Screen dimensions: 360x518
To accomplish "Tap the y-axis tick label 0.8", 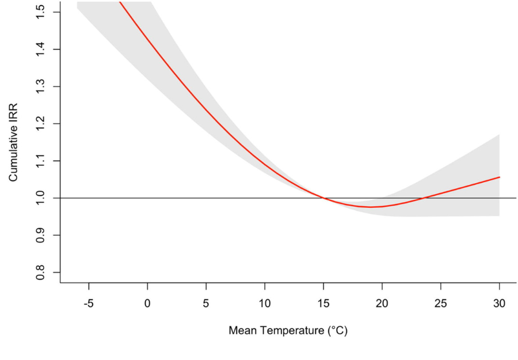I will pyautogui.click(x=41, y=272).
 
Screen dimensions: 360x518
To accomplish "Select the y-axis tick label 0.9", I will pyautogui.click(x=41, y=235).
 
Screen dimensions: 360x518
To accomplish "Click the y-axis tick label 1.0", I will pyautogui.click(x=41, y=198).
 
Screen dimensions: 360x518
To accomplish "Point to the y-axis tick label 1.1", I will pyautogui.click(x=41, y=161).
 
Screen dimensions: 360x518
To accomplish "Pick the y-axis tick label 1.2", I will pyautogui.click(x=41, y=124).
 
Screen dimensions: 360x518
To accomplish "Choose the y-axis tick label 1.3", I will pyautogui.click(x=41, y=86).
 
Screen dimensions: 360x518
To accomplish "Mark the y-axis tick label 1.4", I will pyautogui.click(x=41, y=50).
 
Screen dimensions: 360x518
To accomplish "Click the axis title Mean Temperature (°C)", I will pyautogui.click(x=288, y=331).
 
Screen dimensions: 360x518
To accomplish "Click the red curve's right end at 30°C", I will pyautogui.click(x=499, y=177).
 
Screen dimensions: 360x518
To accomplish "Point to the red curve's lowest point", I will pyautogui.click(x=371, y=207).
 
